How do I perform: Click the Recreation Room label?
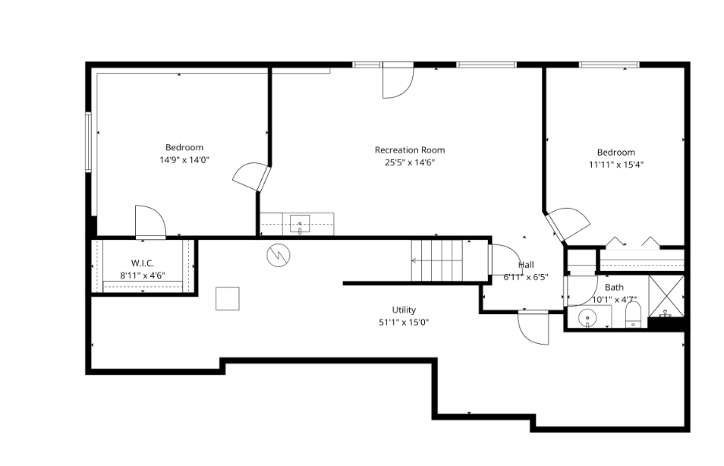click(x=410, y=150)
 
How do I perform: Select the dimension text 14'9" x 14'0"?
click(x=184, y=160)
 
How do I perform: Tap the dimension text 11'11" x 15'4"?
click(x=615, y=164)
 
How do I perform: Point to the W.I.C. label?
click(x=143, y=263)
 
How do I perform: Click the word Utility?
click(x=404, y=310)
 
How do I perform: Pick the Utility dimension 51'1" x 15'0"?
click(x=404, y=322)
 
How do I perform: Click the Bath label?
click(x=614, y=287)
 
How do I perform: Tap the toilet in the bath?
click(x=634, y=316)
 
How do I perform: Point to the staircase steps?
click(x=436, y=260)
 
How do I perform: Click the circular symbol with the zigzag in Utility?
click(x=278, y=255)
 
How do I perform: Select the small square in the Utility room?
click(x=228, y=298)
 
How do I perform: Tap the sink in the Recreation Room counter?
click(x=300, y=223)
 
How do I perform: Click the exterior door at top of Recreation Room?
click(x=397, y=80)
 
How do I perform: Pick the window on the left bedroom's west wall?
click(x=89, y=142)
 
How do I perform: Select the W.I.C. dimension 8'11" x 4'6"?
click(x=143, y=276)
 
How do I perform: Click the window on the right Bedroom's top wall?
click(x=609, y=65)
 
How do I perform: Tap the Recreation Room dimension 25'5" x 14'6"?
click(x=410, y=162)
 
